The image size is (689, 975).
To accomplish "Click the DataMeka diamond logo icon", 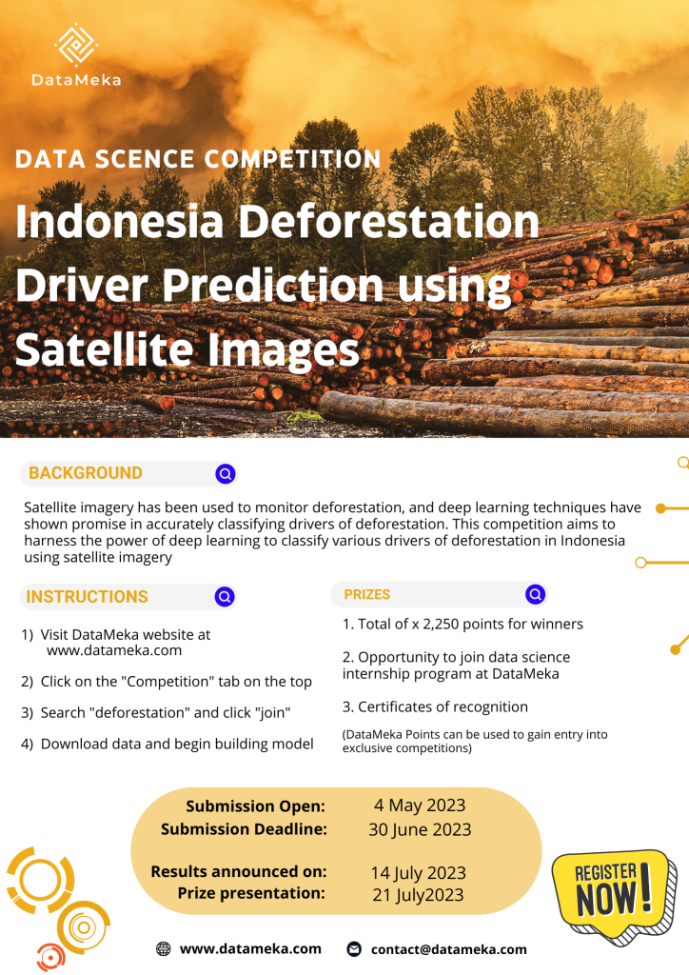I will click(76, 44).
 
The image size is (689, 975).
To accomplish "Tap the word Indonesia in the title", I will click(119, 222).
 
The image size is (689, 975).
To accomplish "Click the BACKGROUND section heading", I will click(86, 473).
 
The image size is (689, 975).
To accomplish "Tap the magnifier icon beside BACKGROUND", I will click(226, 473).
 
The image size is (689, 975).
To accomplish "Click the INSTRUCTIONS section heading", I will click(88, 597).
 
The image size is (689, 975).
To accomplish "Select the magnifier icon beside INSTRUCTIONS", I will click(226, 597).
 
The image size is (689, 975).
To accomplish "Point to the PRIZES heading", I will click(367, 594).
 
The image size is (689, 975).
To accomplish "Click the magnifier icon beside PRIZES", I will click(536, 594).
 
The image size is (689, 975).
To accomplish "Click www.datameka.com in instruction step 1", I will click(114, 651).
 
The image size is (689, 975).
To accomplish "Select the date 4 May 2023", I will click(420, 806).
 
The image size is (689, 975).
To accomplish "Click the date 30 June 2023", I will click(420, 829).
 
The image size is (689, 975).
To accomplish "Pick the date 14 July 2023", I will click(419, 872).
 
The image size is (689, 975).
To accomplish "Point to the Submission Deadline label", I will click(244, 829).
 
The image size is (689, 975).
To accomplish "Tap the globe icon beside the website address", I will click(163, 949).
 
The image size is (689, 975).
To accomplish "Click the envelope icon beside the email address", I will click(354, 949).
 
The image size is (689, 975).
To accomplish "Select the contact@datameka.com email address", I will click(449, 949).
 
